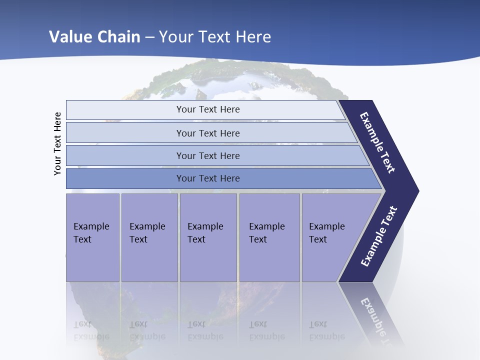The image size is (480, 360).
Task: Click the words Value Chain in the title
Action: [94, 36]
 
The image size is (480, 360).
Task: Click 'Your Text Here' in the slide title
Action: [215, 36]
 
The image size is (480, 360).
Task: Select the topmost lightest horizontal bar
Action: [208, 109]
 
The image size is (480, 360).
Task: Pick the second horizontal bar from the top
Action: [208, 133]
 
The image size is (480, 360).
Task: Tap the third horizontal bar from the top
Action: [208, 155]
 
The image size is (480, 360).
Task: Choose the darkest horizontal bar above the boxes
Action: [208, 178]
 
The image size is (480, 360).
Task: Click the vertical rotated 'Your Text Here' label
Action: [57, 143]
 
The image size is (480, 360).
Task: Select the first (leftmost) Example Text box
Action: [92, 237]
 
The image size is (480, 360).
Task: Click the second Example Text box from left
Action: [149, 237]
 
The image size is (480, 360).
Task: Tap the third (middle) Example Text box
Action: [208, 237]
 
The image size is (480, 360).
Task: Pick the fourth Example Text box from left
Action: [269, 237]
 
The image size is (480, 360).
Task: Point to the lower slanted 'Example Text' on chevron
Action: [379, 236]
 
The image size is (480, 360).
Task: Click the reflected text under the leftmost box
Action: [91, 330]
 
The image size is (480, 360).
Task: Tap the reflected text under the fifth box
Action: [326, 330]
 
